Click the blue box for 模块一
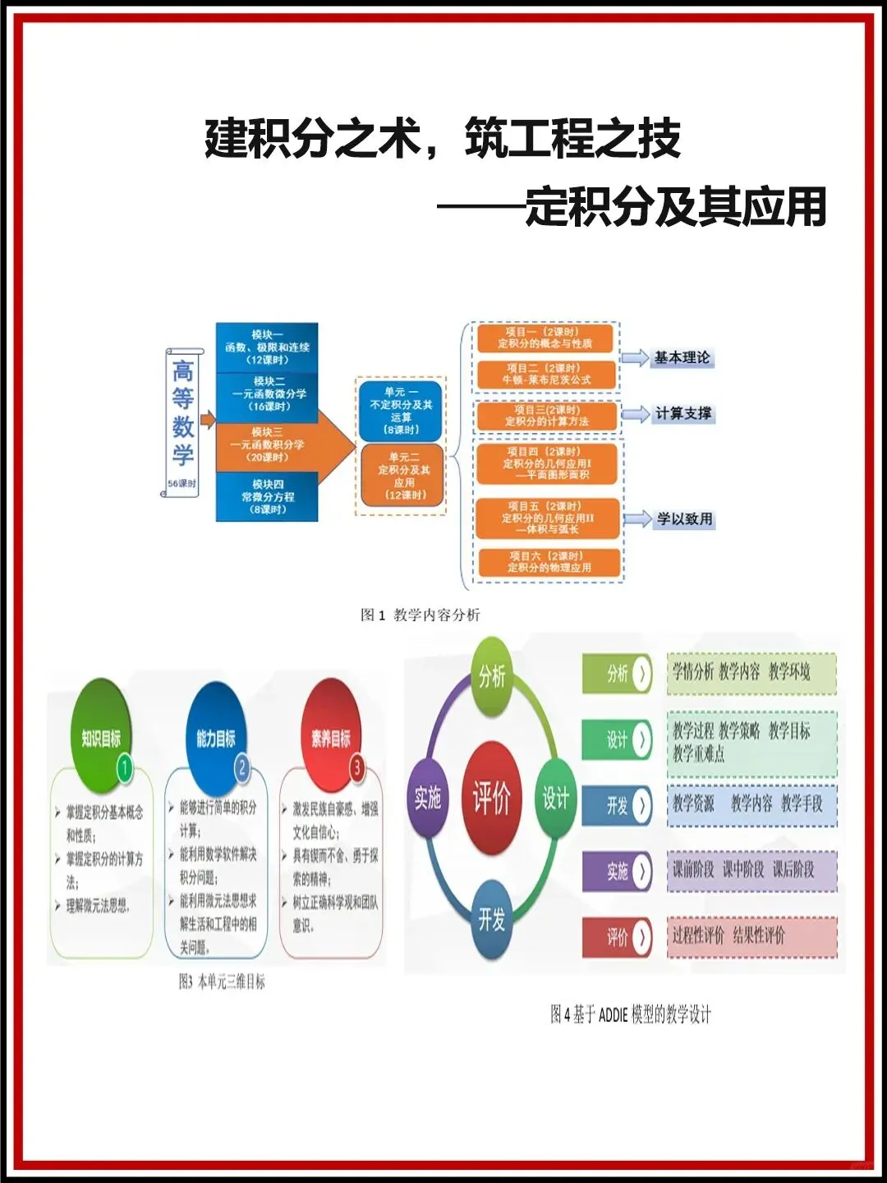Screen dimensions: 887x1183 [x=267, y=347]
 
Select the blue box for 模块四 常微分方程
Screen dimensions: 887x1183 [x=267, y=496]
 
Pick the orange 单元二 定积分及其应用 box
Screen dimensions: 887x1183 [x=403, y=476]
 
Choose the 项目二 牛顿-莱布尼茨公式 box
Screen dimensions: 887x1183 [x=546, y=374]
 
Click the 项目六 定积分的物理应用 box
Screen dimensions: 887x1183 [x=549, y=562]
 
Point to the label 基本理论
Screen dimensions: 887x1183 [x=682, y=357]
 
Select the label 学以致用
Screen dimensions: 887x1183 [x=684, y=519]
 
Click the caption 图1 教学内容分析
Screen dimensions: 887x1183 [x=421, y=615]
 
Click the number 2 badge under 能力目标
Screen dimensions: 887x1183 [x=241, y=768]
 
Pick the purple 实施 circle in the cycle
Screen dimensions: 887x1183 [x=428, y=798]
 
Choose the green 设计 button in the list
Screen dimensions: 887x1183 [x=618, y=739]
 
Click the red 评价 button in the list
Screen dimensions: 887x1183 [x=618, y=937]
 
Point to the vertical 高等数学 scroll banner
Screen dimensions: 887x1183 [x=183, y=421]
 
